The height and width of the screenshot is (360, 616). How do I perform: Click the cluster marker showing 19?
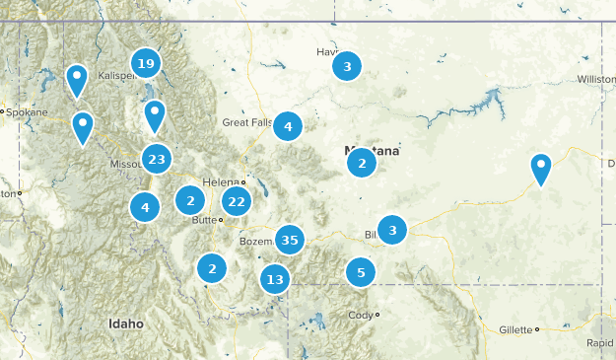click(x=147, y=65)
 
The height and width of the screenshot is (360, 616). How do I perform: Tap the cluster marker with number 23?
click(x=156, y=159)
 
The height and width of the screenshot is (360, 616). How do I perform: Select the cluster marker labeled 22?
click(x=236, y=201)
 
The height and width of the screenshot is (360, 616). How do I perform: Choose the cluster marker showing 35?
click(x=290, y=239)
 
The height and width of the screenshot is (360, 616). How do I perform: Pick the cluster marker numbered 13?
click(x=275, y=279)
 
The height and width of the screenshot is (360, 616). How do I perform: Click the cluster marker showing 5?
click(x=361, y=272)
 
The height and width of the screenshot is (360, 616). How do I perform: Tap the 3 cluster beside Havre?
click(x=346, y=67)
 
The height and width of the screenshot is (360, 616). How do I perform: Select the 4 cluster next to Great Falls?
click(x=287, y=126)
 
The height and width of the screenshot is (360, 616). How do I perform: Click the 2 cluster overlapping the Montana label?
click(x=362, y=163)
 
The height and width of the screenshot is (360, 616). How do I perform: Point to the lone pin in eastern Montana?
click(x=541, y=168)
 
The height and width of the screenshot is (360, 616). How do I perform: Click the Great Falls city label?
click(x=245, y=122)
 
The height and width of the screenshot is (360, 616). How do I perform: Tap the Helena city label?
click(x=220, y=182)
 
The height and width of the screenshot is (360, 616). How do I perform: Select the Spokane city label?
click(x=25, y=112)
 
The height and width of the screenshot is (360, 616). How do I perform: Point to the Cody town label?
click(x=360, y=316)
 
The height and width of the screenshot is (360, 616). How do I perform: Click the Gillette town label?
click(x=514, y=329)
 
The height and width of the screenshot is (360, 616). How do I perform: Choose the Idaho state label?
click(x=126, y=324)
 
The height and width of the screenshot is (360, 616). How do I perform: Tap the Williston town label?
click(x=595, y=79)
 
